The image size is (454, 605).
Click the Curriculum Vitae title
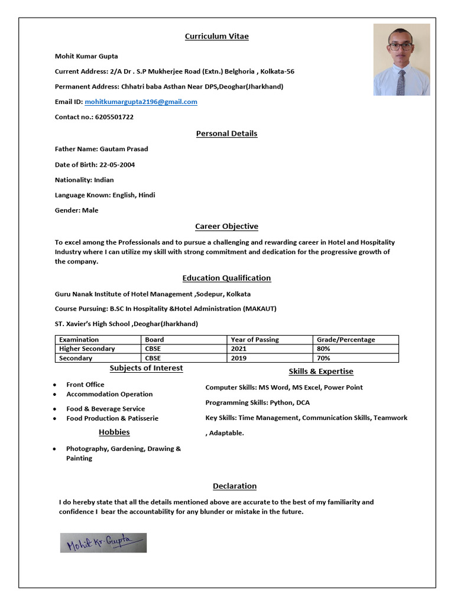click(x=216, y=37)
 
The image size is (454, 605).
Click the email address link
click(x=141, y=102)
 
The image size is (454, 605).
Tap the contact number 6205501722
click(x=113, y=117)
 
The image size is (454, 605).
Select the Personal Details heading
click(x=226, y=134)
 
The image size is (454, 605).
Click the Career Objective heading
click(x=226, y=226)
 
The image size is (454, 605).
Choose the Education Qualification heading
click(x=226, y=278)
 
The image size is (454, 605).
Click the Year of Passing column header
click(x=255, y=340)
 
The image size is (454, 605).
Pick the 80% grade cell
click(x=323, y=349)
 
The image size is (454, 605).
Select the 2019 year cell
click(x=238, y=358)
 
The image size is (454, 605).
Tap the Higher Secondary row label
click(x=87, y=349)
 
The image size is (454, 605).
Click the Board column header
click(x=154, y=340)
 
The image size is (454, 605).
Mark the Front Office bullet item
click(x=85, y=385)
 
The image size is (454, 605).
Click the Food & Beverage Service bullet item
click(x=105, y=409)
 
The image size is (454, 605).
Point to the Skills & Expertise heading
click(x=321, y=372)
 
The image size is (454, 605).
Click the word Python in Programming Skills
click(x=281, y=403)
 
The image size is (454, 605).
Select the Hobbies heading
click(x=114, y=432)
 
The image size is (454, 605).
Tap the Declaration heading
click(x=235, y=486)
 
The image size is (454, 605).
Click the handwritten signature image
click(x=103, y=542)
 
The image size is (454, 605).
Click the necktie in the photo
click(x=401, y=82)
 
